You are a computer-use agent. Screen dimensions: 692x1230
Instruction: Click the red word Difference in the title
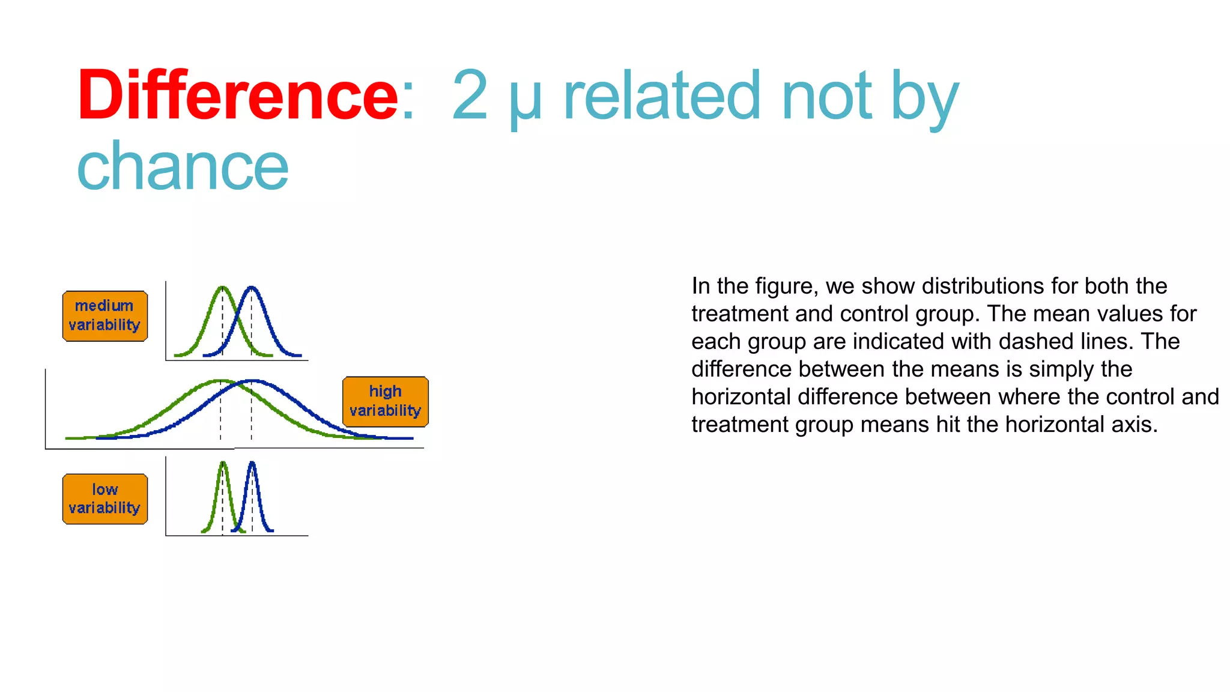(237, 96)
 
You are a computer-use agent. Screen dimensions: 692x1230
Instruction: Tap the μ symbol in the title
(525, 99)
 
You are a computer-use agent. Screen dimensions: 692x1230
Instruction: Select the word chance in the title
(183, 167)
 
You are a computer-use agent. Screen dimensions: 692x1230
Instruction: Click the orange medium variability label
(105, 316)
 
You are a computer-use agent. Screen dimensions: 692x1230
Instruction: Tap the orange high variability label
(385, 401)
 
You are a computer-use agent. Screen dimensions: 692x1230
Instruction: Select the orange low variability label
(105, 499)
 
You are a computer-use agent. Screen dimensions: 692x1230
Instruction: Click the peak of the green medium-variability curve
(223, 287)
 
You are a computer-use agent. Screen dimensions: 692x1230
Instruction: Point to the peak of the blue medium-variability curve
(252, 287)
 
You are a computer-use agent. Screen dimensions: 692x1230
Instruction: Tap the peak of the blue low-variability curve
(252, 463)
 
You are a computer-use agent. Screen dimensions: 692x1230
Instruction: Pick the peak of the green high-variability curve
(220, 380)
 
